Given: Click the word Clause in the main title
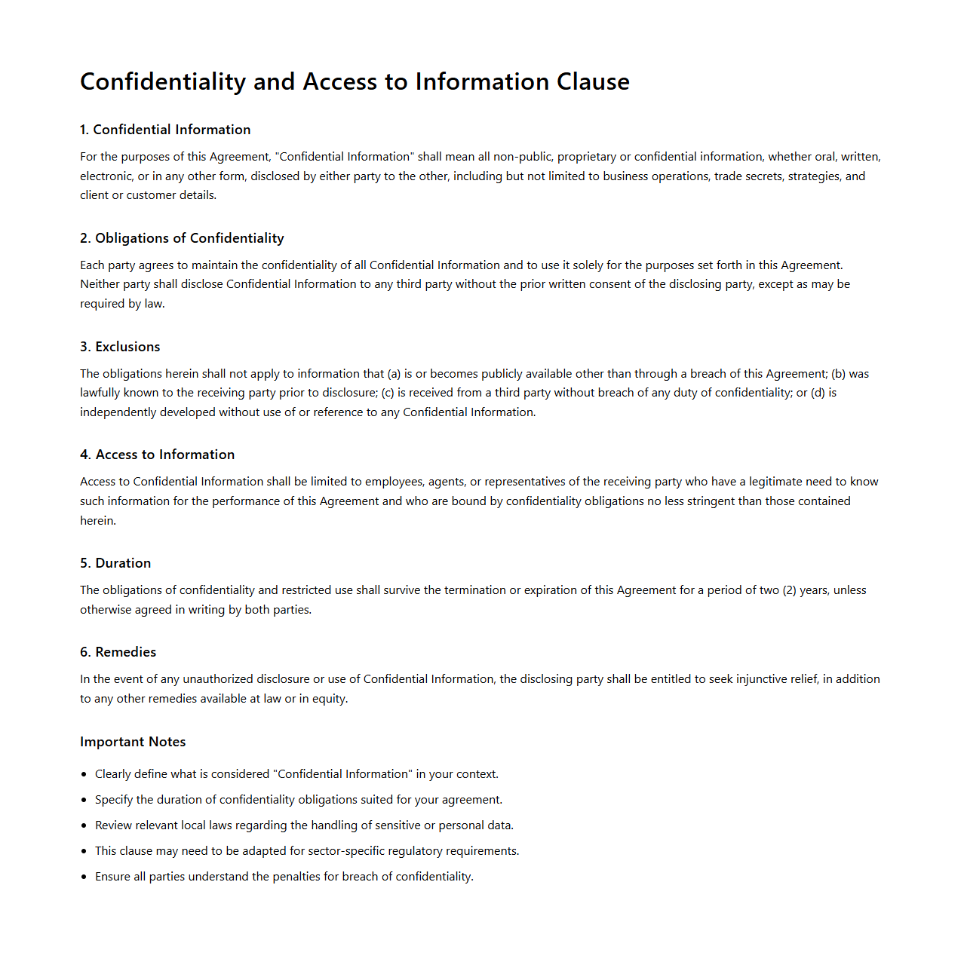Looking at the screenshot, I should (593, 81).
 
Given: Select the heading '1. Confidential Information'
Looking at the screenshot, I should (165, 130).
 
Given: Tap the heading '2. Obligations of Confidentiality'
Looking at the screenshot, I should (182, 238).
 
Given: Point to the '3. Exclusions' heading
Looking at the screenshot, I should (120, 347).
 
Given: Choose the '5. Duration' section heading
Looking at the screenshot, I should (115, 563).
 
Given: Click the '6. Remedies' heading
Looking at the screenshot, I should (118, 652).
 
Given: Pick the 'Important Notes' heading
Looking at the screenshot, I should (133, 742).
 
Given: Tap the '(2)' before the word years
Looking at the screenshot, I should (789, 590).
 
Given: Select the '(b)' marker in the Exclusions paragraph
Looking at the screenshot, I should (838, 374).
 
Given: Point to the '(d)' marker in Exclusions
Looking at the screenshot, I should (818, 393).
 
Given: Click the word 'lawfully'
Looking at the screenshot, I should (100, 393).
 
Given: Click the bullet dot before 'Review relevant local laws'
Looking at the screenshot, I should (84, 825).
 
